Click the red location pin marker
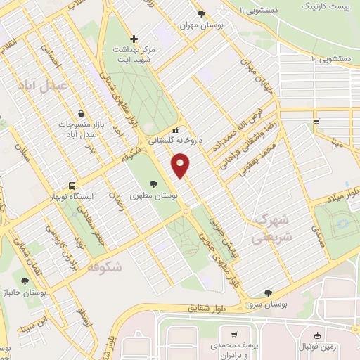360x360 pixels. click(x=181, y=165)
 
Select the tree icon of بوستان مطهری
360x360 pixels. click(x=153, y=183)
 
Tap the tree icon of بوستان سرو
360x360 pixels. click(x=266, y=293)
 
